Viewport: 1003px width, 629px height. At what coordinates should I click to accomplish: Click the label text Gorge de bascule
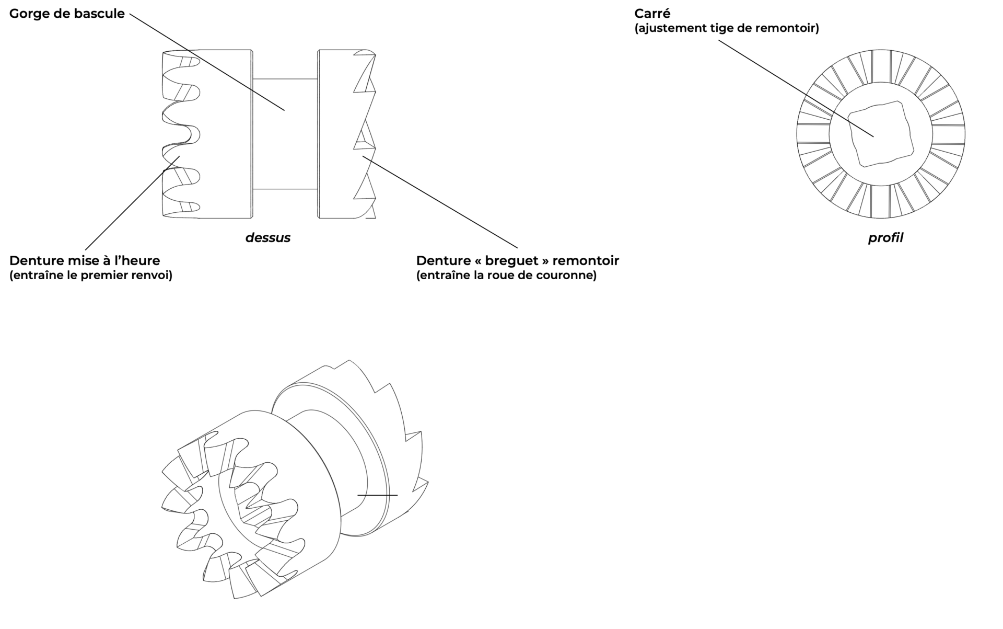pyautogui.click(x=67, y=14)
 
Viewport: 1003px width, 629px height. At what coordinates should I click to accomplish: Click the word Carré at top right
pyautogui.click(x=652, y=14)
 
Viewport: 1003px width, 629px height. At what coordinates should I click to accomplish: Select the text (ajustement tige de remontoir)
pyautogui.click(x=726, y=28)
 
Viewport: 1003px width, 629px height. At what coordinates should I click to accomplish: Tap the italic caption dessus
pyautogui.click(x=267, y=238)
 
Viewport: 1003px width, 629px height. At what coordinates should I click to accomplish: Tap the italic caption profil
pyautogui.click(x=885, y=238)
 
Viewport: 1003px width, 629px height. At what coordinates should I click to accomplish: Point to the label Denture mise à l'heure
pyautogui.click(x=85, y=260)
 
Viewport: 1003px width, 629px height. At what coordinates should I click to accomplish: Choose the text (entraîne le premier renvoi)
pyautogui.click(x=90, y=275)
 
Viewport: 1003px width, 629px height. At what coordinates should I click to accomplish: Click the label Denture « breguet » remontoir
pyautogui.click(x=517, y=260)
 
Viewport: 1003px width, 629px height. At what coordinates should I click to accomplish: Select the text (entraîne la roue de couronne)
pyautogui.click(x=506, y=275)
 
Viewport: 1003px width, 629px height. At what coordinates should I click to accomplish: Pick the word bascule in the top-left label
pyautogui.click(x=102, y=14)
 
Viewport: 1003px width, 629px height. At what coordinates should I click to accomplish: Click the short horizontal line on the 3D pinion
pyautogui.click(x=377, y=495)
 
